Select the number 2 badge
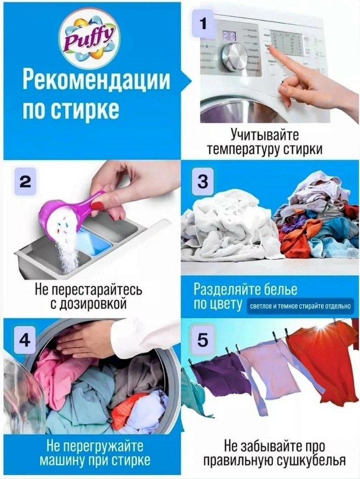25,182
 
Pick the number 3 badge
202,182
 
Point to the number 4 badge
25,340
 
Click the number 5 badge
202,340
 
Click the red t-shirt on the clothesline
323,369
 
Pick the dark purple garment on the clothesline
222,375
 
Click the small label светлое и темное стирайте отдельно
300,306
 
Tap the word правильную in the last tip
237,460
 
